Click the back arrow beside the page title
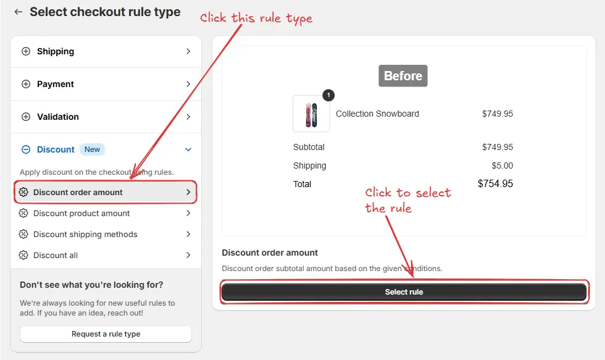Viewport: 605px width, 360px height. tap(18, 12)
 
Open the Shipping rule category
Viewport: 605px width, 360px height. tap(106, 51)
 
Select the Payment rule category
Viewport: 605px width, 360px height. tap(106, 84)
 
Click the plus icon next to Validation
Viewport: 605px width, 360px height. tap(26, 117)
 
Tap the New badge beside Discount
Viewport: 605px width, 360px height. tap(92, 149)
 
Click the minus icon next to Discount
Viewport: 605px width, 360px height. tap(26, 149)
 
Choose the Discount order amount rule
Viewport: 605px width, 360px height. tap(106, 192)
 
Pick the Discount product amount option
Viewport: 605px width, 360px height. tap(106, 214)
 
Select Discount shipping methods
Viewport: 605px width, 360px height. tap(106, 234)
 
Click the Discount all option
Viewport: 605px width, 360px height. tap(106, 255)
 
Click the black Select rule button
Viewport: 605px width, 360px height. tap(404, 292)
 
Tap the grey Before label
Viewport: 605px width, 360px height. tap(403, 75)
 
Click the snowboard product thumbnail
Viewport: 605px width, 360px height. tap(311, 114)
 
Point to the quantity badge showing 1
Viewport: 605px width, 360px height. tap(328, 95)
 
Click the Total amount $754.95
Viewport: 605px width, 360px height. tap(495, 183)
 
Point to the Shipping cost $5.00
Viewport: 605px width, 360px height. tap(503, 165)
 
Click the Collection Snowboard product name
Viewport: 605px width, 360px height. tap(377, 114)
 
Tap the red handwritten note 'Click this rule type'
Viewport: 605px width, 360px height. tap(256, 18)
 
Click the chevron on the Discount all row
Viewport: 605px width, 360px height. tap(188, 255)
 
